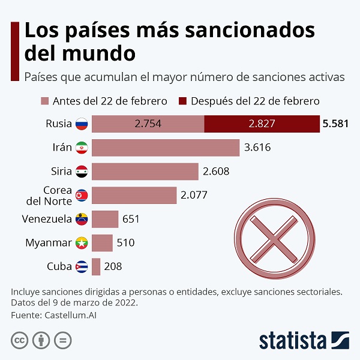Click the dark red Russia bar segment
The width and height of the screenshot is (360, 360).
pos(262,124)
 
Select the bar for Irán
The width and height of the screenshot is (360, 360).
pos(166,148)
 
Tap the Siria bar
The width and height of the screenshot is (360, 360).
pos(145,172)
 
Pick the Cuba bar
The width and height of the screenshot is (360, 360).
pos(96,266)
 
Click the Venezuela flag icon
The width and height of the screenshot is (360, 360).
pos(82,219)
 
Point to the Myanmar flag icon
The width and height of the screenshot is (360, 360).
pos(82,243)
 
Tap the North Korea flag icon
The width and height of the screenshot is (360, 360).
pos(82,196)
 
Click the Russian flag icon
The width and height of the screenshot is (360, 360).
pos(82,124)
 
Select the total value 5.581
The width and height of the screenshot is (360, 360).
pos(335,124)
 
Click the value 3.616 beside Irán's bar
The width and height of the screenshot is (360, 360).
pos(257,148)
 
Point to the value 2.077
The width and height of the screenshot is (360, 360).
pos(194,195)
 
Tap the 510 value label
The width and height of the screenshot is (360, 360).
pos(125,242)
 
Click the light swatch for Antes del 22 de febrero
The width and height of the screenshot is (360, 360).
pos(45,101)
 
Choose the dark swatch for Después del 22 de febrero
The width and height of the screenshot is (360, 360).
pos(182,101)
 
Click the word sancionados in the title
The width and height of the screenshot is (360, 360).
pos(250,31)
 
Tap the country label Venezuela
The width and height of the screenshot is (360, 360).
pos(47,219)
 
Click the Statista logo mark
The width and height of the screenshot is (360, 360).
pos(340,340)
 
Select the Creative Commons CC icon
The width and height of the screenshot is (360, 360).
pos(20,340)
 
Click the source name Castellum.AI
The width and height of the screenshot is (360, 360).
pos(70,315)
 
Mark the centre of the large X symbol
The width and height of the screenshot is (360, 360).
pos(274,239)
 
